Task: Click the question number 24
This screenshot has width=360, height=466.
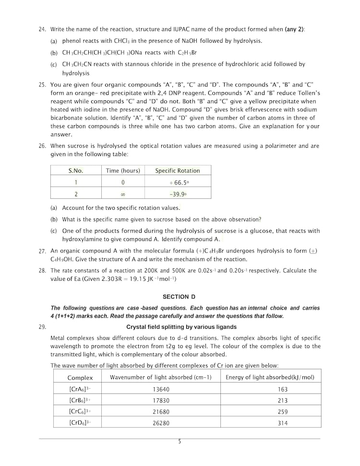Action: [42, 29]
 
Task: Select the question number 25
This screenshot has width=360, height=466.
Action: [42, 85]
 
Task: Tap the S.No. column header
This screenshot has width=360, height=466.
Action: [75, 170]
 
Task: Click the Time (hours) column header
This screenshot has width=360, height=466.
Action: [123, 170]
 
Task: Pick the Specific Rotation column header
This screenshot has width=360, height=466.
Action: [178, 170]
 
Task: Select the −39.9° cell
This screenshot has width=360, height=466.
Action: [178, 193]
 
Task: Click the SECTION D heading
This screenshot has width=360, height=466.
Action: [179, 297]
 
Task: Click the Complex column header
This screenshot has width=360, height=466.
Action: [80, 377]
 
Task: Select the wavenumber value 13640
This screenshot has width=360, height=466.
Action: [161, 389]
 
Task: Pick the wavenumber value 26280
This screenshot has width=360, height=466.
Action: [161, 423]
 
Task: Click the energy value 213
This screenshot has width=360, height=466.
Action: [283, 400]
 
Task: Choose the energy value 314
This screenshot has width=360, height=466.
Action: [283, 423]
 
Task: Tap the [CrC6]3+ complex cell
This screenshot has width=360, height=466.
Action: [80, 411]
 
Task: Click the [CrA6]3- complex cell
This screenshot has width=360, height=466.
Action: [80, 389]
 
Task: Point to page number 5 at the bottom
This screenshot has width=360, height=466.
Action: [180, 442]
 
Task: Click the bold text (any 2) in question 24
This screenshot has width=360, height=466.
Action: [295, 29]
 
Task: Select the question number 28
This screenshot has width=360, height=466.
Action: [42, 271]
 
